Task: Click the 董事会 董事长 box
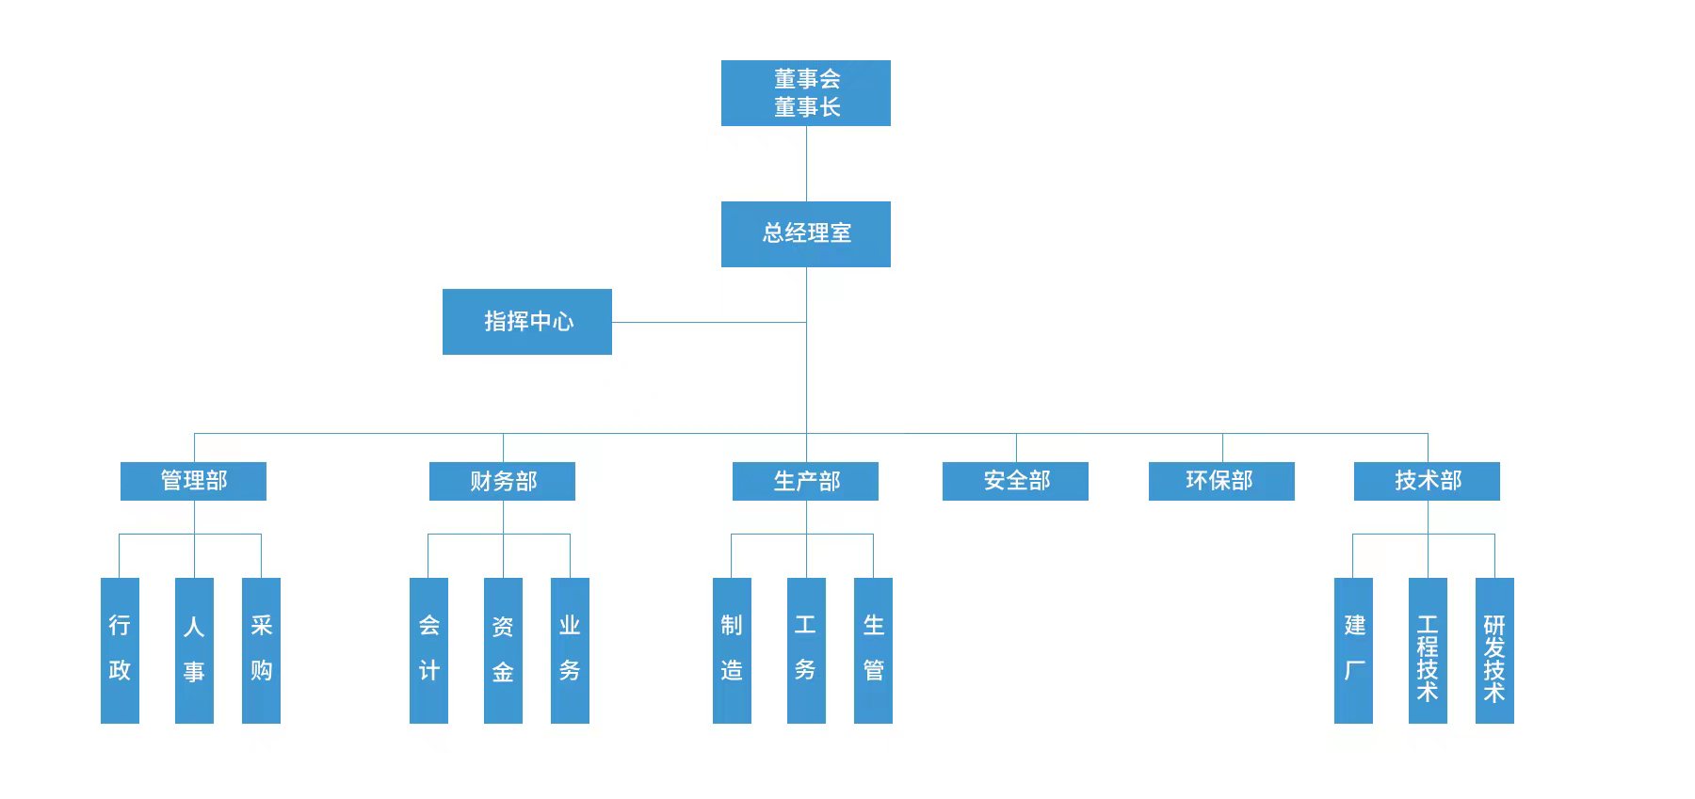[x=805, y=93]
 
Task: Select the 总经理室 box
[x=805, y=233]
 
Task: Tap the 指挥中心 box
[x=526, y=322]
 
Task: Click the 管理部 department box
[x=193, y=481]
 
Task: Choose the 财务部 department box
[x=502, y=481]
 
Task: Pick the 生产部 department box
[x=805, y=481]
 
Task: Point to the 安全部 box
[x=1015, y=481]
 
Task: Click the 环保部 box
[x=1221, y=481]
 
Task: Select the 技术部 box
[x=1427, y=481]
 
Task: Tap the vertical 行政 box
[x=120, y=649]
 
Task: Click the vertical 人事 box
[x=194, y=649]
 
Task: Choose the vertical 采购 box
[x=261, y=649]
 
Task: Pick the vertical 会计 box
[x=428, y=649]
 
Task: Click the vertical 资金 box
[x=503, y=649]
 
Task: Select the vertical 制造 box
[x=732, y=649]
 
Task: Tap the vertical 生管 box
[x=873, y=649]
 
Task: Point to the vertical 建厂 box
[x=1353, y=649]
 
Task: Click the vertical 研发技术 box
[x=1494, y=649]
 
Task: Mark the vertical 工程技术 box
[x=1428, y=649]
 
